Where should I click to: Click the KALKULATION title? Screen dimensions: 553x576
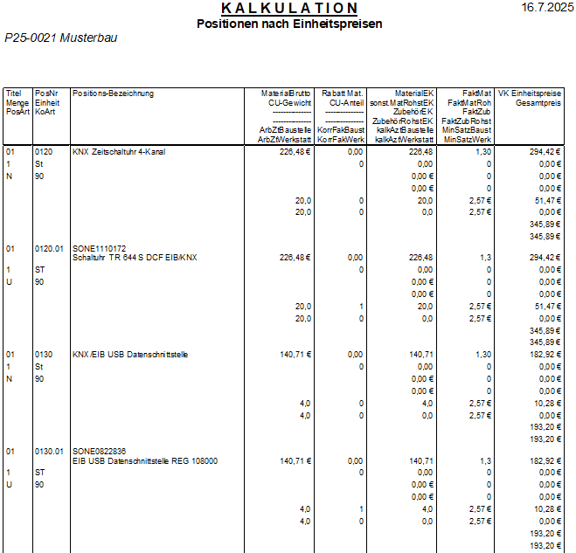tap(289, 9)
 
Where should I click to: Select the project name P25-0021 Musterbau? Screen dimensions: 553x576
tap(61, 38)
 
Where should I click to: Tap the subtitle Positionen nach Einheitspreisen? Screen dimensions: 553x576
tap(289, 24)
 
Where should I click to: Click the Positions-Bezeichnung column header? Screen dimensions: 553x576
tap(114, 93)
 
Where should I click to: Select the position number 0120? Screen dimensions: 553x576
tap(44, 151)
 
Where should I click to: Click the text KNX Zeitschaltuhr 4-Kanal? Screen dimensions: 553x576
tap(119, 151)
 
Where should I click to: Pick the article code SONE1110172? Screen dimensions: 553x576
tap(100, 248)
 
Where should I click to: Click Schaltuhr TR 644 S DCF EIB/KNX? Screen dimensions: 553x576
tap(135, 258)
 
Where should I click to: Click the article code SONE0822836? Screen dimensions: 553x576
tap(100, 451)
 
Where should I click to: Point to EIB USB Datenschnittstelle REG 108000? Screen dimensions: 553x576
tap(145, 460)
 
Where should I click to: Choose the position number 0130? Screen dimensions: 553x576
tap(44, 354)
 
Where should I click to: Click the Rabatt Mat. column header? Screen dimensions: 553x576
tap(343, 93)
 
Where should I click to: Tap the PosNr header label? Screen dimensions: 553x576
tap(45, 93)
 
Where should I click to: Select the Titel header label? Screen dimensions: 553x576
tap(13, 93)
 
